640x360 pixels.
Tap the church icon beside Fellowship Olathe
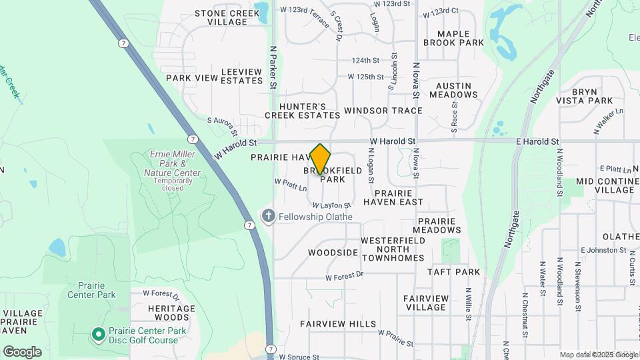(268, 216)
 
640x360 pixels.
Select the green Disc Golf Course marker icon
(98, 333)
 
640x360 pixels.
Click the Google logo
(22, 352)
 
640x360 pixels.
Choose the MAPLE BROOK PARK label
(461, 38)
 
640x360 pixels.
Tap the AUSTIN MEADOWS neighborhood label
(453, 91)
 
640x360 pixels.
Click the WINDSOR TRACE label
(383, 111)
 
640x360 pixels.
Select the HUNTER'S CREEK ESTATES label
(302, 111)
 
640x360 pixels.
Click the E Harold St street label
(537, 142)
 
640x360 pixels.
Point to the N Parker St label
(273, 67)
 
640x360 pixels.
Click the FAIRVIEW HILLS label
(338, 324)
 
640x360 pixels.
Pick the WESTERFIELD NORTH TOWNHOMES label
(393, 249)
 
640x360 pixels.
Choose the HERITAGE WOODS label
(171, 313)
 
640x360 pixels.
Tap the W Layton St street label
(331, 206)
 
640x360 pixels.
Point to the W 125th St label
(370, 77)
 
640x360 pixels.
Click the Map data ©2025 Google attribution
(599, 355)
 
